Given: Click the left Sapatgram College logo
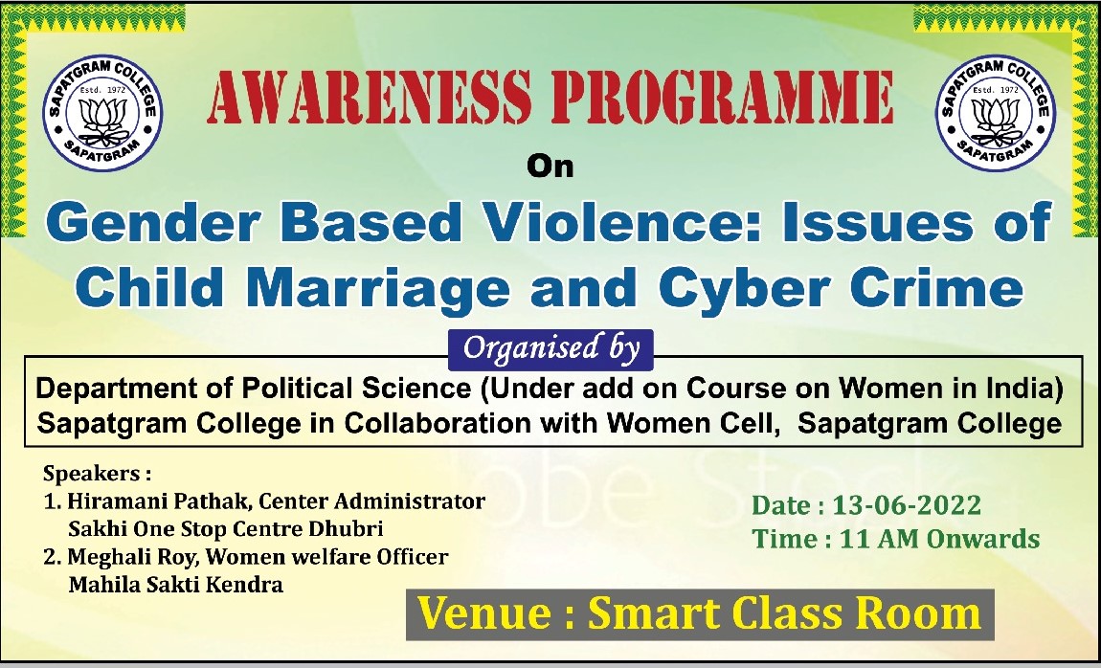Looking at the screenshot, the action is pyautogui.click(x=102, y=112).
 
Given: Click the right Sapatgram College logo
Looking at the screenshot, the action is pyautogui.click(x=996, y=112).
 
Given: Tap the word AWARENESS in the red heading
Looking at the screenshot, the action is pyautogui.click(x=370, y=98).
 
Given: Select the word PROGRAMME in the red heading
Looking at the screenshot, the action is pyautogui.click(x=723, y=98).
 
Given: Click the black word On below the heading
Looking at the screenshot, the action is pyautogui.click(x=550, y=167).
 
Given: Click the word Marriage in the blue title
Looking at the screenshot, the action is pyautogui.click(x=378, y=288).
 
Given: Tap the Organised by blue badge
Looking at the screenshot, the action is pyautogui.click(x=550, y=348).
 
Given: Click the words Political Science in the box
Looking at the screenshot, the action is pyautogui.click(x=357, y=388).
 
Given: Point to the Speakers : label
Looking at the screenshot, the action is pyautogui.click(x=97, y=474).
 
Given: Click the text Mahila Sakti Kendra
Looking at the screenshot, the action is pyautogui.click(x=175, y=584).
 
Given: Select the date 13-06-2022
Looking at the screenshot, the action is pyautogui.click(x=907, y=505).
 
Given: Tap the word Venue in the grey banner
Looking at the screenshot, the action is pyautogui.click(x=484, y=613).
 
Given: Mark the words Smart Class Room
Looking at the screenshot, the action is pyautogui.click(x=784, y=613).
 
